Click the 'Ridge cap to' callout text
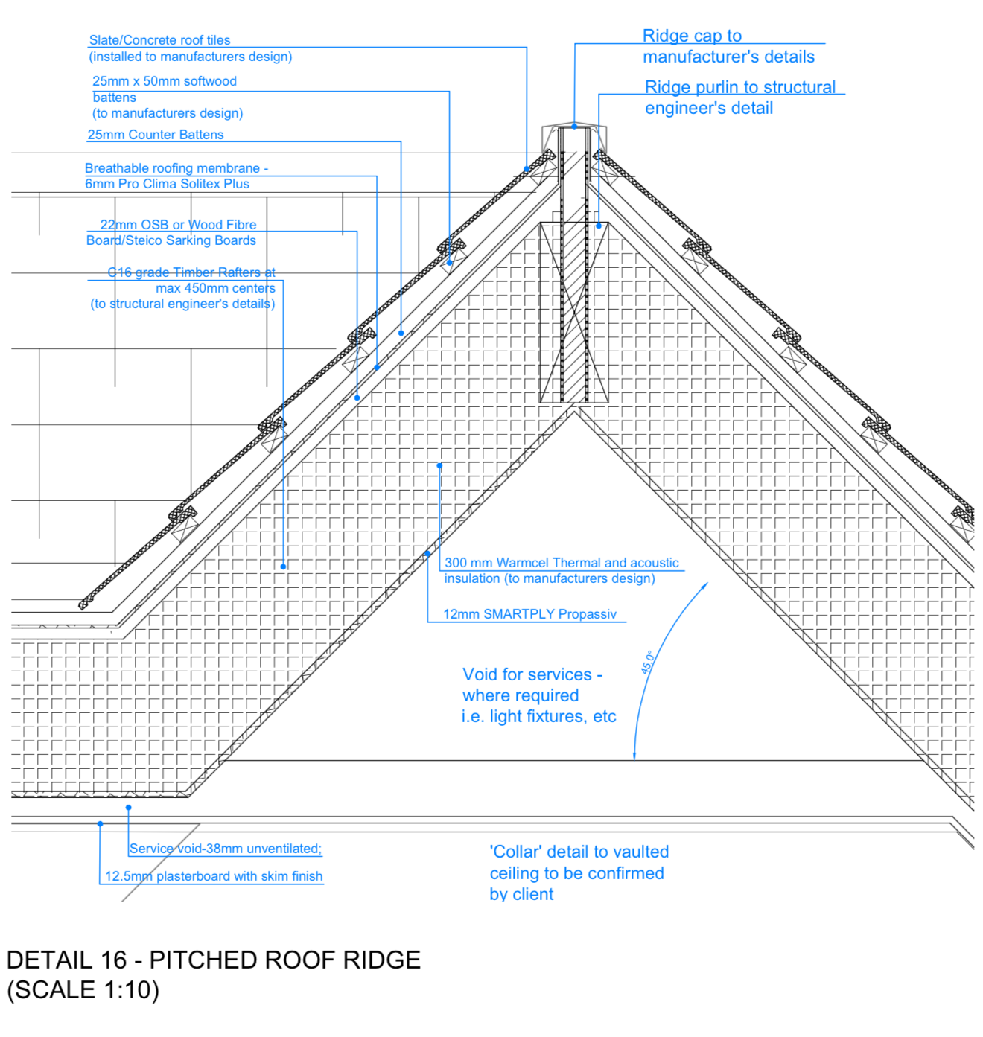click(x=692, y=36)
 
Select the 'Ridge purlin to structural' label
click(x=740, y=87)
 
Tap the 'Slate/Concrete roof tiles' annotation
click(x=159, y=40)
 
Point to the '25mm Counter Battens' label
click(x=156, y=135)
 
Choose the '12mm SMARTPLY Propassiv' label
click(x=529, y=614)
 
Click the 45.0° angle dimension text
click(x=648, y=662)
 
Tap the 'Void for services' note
click(x=532, y=674)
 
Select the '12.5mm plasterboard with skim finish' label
click(x=214, y=876)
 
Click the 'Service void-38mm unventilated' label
click(x=226, y=849)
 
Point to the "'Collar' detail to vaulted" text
click(x=579, y=852)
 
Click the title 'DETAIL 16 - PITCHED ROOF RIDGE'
click(x=214, y=960)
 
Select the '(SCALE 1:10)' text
click(x=83, y=990)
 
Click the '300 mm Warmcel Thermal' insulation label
click(x=562, y=563)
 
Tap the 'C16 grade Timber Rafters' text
click(x=191, y=272)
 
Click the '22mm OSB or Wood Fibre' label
click(x=178, y=225)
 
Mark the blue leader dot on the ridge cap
click(x=574, y=127)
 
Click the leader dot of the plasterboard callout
click(x=100, y=824)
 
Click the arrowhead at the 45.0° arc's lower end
click(x=634, y=756)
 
